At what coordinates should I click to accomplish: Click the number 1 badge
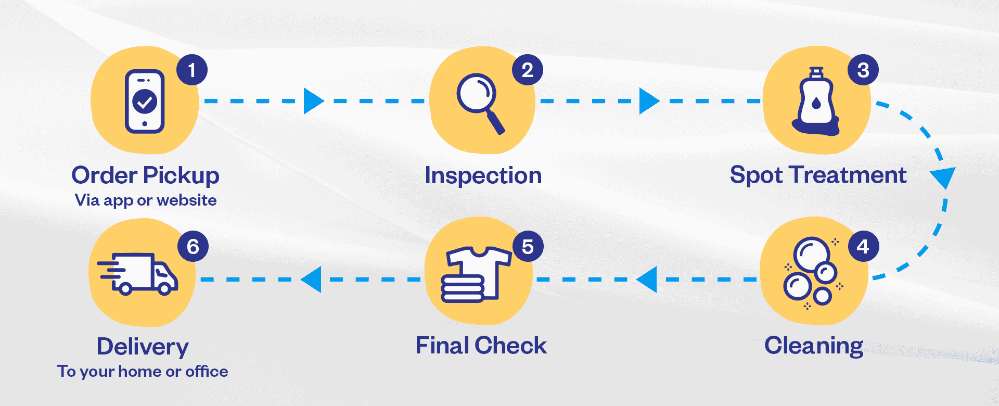point(192,70)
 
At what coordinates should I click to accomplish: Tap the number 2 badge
point(528,70)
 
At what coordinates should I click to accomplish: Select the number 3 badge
point(863,70)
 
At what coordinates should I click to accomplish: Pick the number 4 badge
point(863,246)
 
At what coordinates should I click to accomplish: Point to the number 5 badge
point(528,246)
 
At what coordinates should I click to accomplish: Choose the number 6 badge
point(193,246)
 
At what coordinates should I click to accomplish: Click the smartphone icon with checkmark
point(145,102)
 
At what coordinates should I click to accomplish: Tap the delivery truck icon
point(138,273)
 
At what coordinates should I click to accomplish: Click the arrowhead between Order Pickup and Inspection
point(313,100)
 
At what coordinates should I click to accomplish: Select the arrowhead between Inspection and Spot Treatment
point(648,100)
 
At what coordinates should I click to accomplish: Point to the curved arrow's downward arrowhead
point(943,177)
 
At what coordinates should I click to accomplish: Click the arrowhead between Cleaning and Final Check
point(647,280)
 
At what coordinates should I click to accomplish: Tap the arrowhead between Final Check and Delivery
point(312,280)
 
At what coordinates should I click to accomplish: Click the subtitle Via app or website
point(146,200)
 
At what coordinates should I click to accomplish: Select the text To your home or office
point(143,371)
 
